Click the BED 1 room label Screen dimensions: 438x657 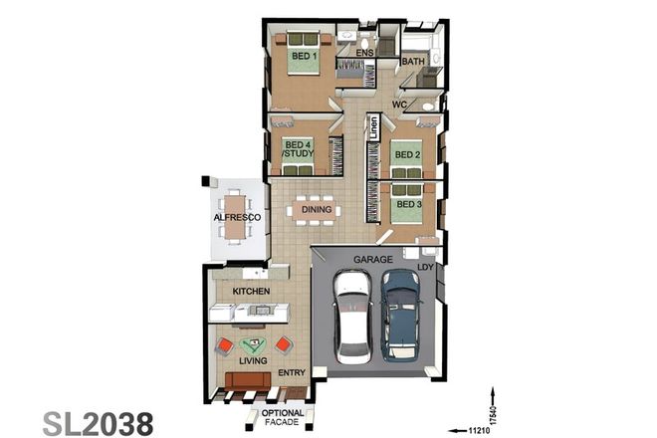coord(304,57)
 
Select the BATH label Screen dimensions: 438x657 coord(412,63)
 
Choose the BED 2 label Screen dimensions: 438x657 coord(406,154)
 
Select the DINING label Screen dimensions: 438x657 coord(317,209)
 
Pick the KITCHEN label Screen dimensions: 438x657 coord(252,291)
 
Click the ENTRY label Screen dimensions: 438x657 coord(291,373)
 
